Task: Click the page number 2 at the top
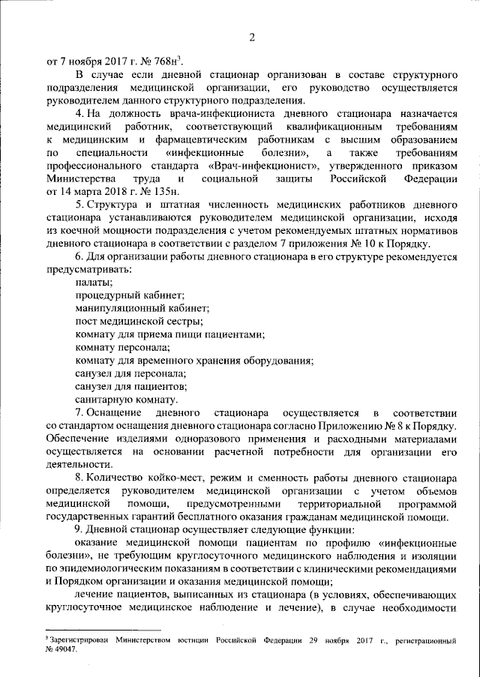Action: (x=253, y=37)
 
